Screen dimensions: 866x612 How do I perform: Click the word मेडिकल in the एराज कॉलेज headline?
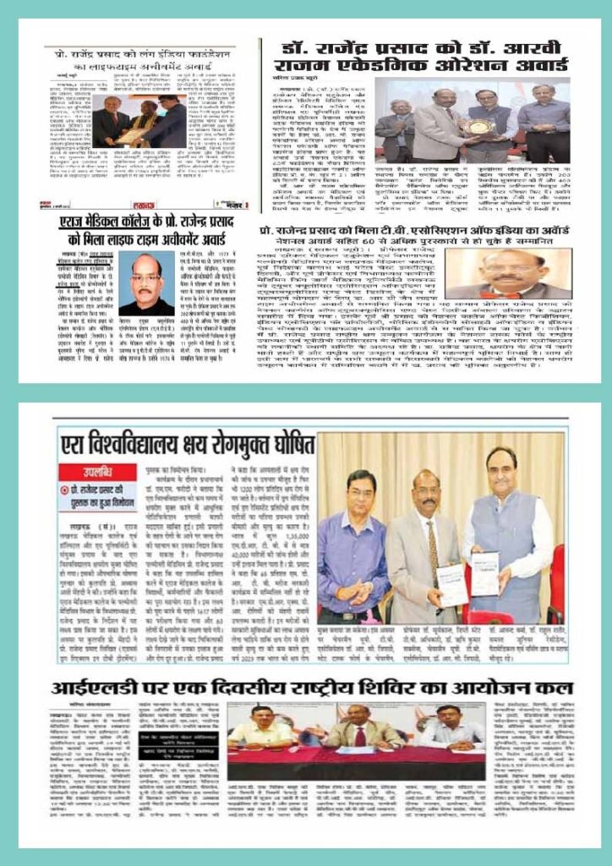point(111,221)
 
